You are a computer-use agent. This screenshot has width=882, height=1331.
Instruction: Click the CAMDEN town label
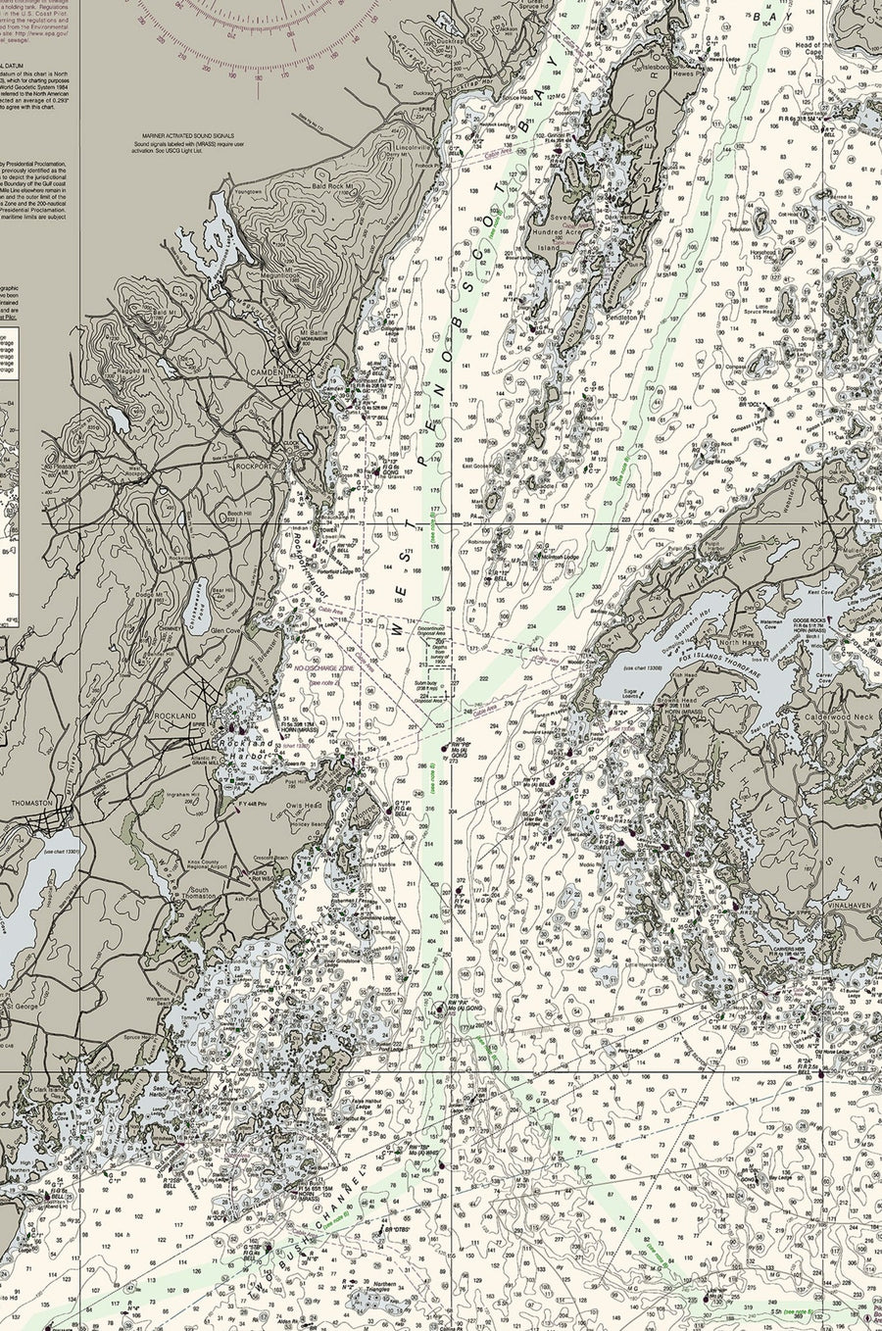(x=267, y=372)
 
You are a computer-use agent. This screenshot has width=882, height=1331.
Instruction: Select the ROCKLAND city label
(x=176, y=716)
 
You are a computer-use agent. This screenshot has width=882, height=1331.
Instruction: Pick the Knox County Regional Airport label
(x=217, y=860)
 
